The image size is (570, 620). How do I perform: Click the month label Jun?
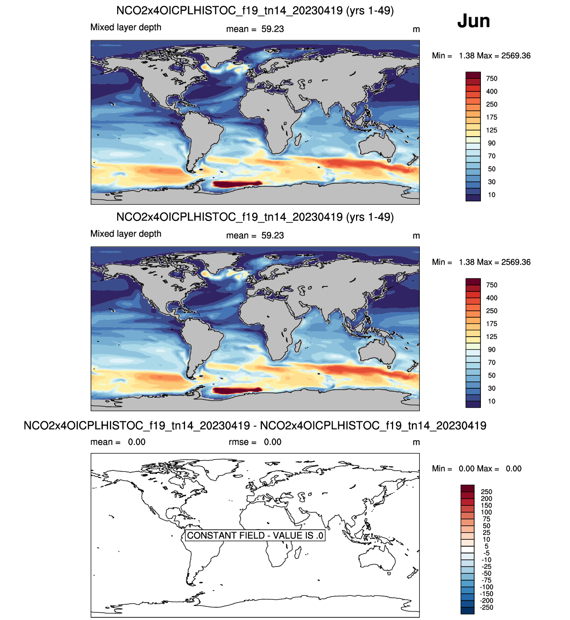(x=473, y=21)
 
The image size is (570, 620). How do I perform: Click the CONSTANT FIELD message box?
(x=255, y=535)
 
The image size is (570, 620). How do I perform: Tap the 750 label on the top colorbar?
(x=492, y=78)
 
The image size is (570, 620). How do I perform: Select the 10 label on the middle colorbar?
(x=492, y=401)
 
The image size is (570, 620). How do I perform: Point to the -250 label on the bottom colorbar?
(x=486, y=607)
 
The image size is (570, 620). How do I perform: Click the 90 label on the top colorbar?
(x=492, y=143)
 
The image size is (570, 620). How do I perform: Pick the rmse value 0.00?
(x=272, y=442)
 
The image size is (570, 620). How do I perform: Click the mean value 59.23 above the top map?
(x=272, y=29)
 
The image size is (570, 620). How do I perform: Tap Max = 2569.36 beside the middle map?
(x=504, y=262)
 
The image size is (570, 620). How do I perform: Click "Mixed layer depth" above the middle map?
(x=126, y=234)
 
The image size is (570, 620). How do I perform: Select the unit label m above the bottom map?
(x=416, y=442)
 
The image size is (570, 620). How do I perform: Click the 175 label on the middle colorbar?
(x=492, y=324)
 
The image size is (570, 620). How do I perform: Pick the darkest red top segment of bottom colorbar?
(x=467, y=488)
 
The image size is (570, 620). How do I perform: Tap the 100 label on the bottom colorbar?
(x=486, y=512)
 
